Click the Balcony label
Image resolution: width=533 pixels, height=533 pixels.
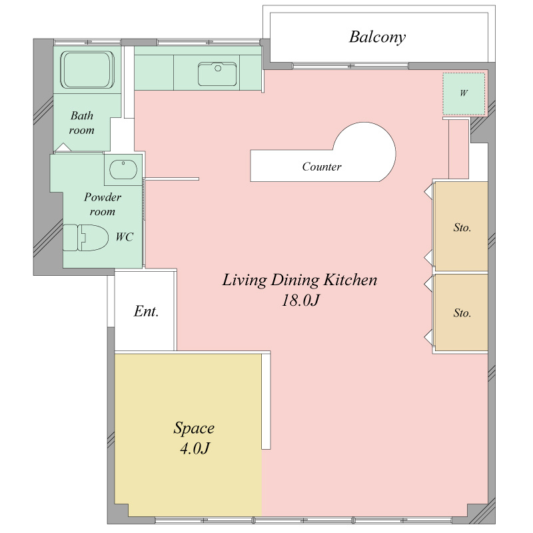(x=377, y=37)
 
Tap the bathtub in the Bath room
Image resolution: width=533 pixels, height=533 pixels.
(x=87, y=70)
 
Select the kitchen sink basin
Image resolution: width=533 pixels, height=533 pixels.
(x=217, y=74)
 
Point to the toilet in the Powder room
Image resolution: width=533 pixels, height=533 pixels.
(x=86, y=237)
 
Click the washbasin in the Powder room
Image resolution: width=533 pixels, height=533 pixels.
(x=123, y=169)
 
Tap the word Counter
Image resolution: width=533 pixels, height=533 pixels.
(x=322, y=167)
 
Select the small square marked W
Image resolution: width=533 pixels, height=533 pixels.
(x=464, y=94)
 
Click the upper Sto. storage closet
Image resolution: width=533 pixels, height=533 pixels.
(x=461, y=227)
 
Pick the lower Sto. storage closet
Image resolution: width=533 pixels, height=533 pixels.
(x=461, y=312)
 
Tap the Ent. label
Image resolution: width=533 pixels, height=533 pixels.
(x=146, y=311)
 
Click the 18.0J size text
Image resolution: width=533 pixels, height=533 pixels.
(x=300, y=300)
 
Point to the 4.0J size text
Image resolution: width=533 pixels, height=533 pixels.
(x=195, y=448)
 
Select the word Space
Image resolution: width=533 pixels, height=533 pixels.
(x=194, y=428)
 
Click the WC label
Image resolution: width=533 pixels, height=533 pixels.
(x=125, y=237)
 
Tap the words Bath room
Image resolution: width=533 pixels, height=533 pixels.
(x=81, y=123)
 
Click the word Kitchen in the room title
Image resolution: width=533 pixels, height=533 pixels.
(x=350, y=280)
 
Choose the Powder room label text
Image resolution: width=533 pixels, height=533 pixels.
(x=103, y=205)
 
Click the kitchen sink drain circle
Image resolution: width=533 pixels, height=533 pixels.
(x=218, y=69)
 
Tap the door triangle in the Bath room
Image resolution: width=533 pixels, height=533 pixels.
(x=63, y=147)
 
